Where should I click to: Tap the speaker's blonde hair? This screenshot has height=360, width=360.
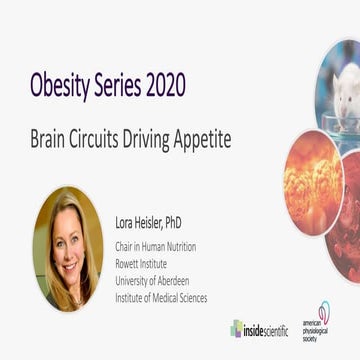point(50,225)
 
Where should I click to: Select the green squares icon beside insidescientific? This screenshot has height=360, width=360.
point(237,328)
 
